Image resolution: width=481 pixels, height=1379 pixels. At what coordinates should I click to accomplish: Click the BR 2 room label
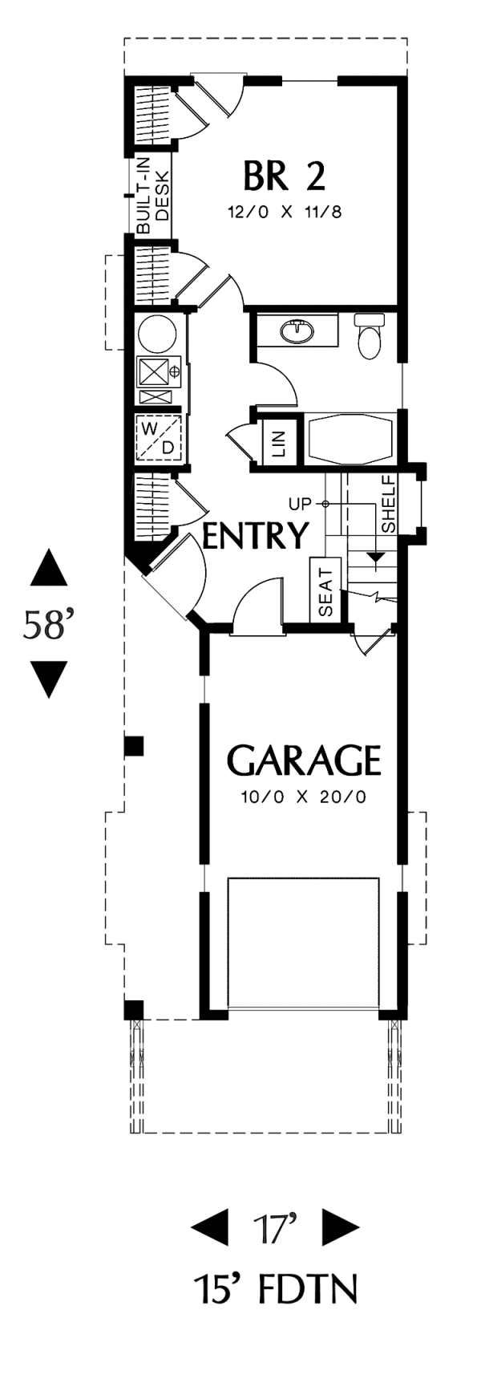tap(285, 176)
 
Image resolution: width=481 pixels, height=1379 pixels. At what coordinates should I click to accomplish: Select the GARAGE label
tap(304, 760)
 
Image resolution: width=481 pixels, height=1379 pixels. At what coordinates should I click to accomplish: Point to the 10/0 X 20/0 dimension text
tap(303, 797)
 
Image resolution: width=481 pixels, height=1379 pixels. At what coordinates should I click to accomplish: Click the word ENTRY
tap(256, 535)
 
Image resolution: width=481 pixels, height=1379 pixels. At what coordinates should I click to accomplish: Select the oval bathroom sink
tap(298, 330)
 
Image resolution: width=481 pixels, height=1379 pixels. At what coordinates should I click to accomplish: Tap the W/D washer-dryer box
tap(158, 438)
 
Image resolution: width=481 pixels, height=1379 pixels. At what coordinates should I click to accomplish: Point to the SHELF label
tap(389, 503)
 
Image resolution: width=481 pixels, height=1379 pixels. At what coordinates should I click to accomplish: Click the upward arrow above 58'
tap(50, 568)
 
